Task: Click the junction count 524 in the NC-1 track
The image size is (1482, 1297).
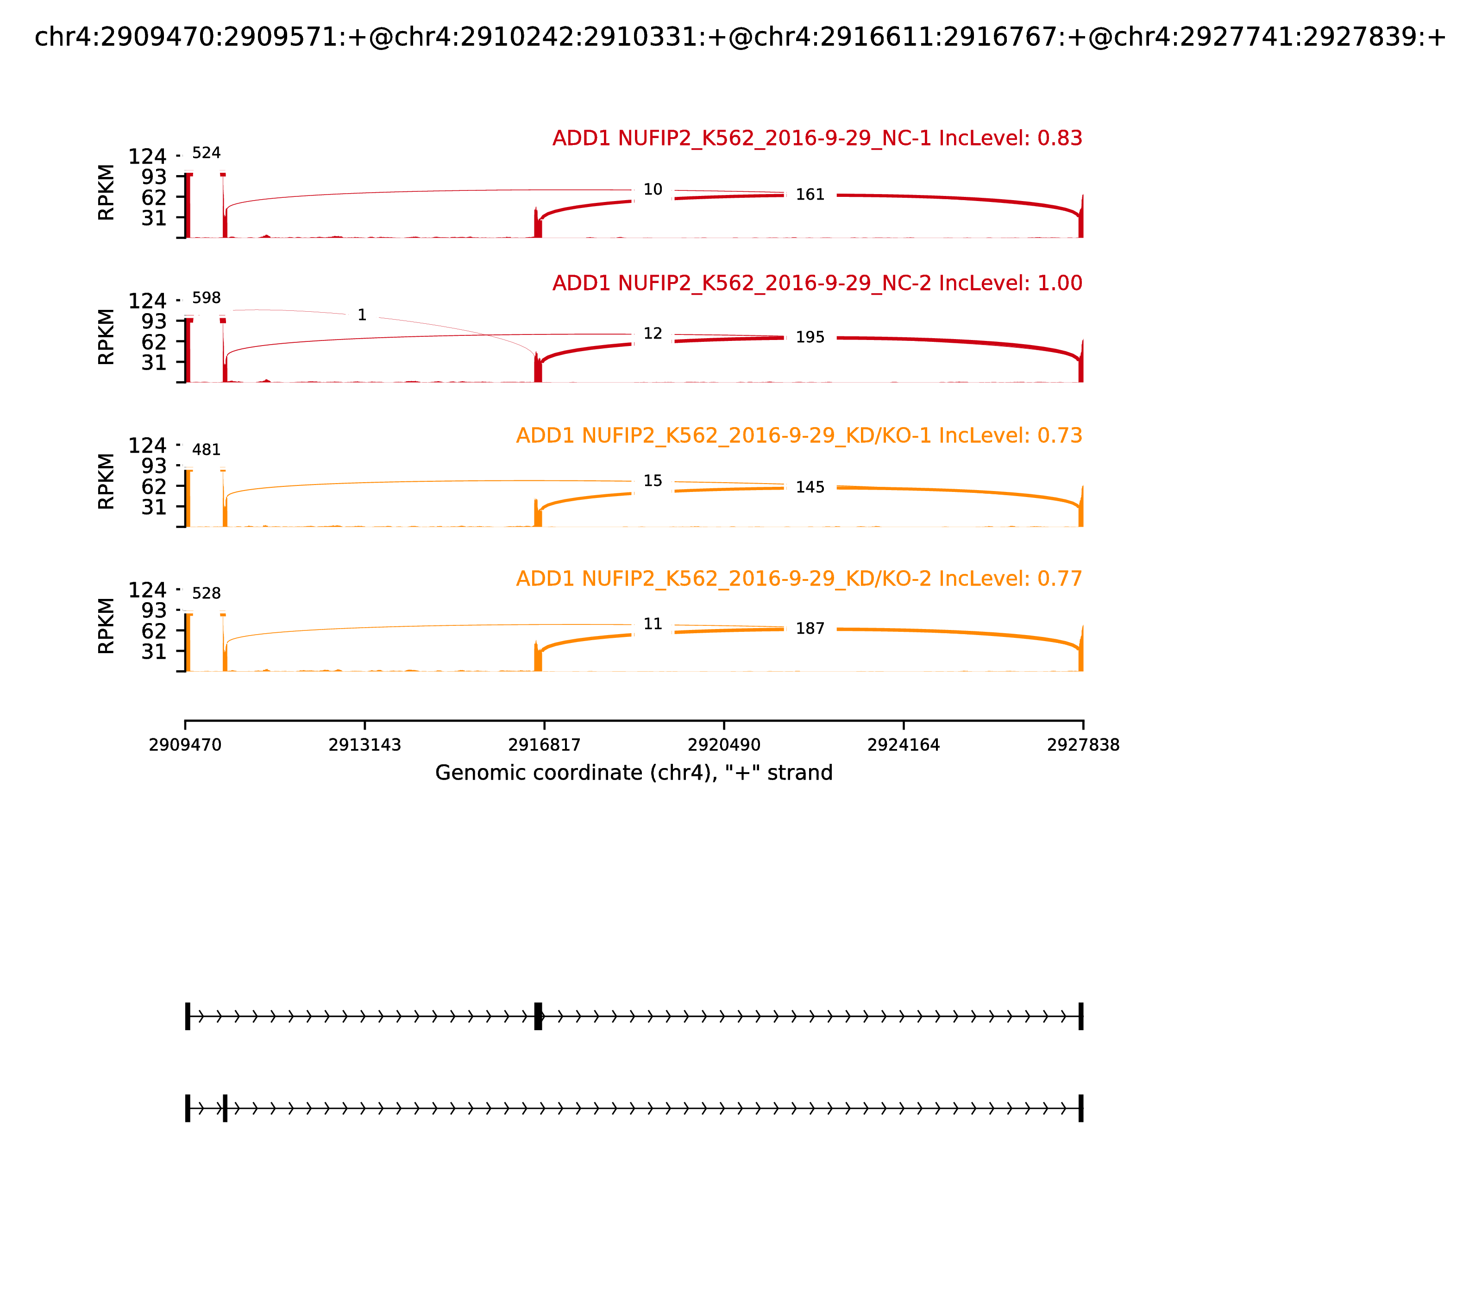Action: coord(206,153)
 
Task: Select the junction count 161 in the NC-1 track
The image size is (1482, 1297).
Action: coord(810,195)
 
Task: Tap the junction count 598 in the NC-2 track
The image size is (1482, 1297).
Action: coord(206,298)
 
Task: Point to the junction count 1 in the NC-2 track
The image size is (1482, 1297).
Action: coord(362,315)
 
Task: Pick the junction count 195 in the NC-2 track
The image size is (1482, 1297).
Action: coord(810,337)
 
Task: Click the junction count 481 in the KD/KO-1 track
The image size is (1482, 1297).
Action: coord(206,450)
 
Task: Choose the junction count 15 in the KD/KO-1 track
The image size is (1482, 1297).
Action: coord(653,481)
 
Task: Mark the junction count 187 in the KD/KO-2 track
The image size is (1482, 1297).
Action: coord(810,629)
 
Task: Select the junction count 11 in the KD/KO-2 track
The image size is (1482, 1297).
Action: coord(653,624)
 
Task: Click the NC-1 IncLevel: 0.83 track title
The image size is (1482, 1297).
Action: coord(817,138)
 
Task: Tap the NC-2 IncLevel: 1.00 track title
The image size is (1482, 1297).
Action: coord(817,283)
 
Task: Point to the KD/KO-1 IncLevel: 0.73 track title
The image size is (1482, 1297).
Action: coord(799,436)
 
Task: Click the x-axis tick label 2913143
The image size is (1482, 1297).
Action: coord(365,745)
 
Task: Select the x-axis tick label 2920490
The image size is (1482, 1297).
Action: coord(723,745)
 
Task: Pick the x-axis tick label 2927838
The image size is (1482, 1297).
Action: coord(1083,745)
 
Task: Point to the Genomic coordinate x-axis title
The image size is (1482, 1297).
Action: coord(634,773)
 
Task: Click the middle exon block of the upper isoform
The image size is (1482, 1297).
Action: coord(538,1016)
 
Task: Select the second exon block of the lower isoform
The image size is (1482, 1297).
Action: coord(225,1108)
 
